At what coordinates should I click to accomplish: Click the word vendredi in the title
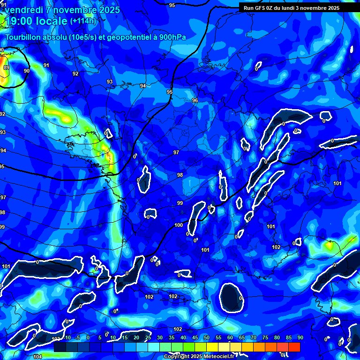(x=24, y=10)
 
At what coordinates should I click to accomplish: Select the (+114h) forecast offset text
(x=83, y=21)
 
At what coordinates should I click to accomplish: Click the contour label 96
(x=195, y=101)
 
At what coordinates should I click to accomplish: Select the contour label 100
(x=179, y=225)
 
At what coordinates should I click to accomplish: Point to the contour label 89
(x=6, y=67)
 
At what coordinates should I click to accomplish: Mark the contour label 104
(x=37, y=357)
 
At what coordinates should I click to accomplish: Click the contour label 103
(x=56, y=338)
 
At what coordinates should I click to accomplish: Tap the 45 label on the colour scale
(x=195, y=337)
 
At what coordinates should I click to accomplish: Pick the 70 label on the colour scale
(x=254, y=337)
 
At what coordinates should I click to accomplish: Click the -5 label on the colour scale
(x=77, y=337)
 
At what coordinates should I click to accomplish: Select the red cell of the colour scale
(x=294, y=347)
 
